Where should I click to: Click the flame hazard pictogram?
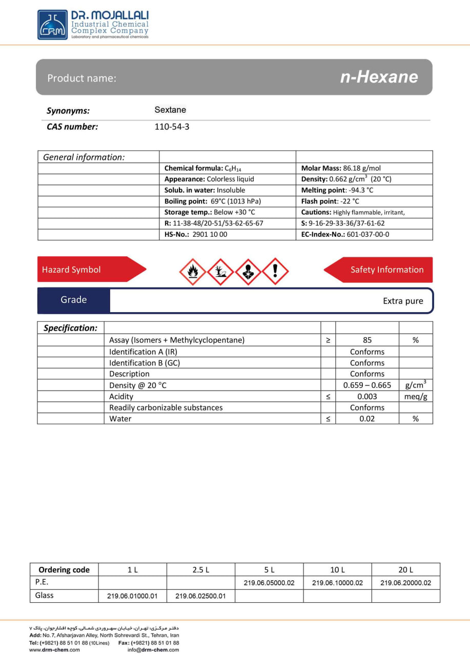coord(193,272)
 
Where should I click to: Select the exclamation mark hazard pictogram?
coord(275,272)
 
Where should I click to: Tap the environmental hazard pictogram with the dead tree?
coord(220,272)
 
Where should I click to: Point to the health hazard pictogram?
coord(248,272)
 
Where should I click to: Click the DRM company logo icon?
coord(52,25)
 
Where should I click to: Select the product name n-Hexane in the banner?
coord(379,77)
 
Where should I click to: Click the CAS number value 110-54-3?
coord(172,127)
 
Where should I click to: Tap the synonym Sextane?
coord(170,110)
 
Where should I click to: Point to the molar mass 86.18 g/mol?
coord(341,168)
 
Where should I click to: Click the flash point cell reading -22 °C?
coord(330,201)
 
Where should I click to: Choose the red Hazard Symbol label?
coord(72,270)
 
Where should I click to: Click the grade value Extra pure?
coord(403,301)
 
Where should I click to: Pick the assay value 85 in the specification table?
coord(367,340)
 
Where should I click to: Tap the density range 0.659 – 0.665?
coord(367,385)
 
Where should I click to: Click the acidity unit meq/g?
coord(416,397)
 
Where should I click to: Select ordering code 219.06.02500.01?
coord(200,596)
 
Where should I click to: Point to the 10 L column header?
coord(337,569)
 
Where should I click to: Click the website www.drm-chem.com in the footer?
coord(54,650)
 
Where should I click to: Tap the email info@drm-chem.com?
coord(153,650)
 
